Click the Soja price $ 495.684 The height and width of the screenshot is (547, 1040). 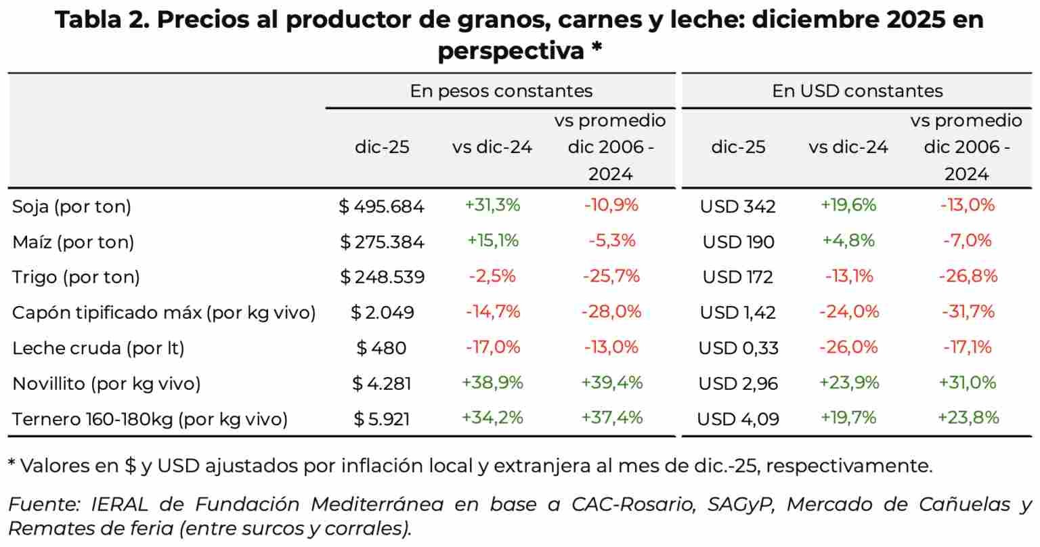[x=382, y=206]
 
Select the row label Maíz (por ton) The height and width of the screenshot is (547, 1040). [x=73, y=242]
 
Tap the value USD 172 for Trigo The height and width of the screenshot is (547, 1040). [x=737, y=277]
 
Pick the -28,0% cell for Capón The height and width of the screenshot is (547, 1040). [x=611, y=311]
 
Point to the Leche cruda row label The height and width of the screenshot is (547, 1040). [x=98, y=348]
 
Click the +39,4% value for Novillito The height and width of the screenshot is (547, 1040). [x=611, y=382]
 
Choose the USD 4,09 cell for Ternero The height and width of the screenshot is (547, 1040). [x=738, y=419]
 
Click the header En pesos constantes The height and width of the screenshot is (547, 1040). [x=501, y=91]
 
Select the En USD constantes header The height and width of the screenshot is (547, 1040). [x=857, y=91]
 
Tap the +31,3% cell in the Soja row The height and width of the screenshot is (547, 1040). [x=492, y=205]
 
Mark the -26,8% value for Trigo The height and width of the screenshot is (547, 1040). [x=968, y=276]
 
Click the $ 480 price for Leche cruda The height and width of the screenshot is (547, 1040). [x=382, y=348]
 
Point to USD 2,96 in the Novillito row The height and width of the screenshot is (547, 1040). [x=738, y=383]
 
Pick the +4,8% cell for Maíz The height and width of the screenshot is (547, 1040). [x=848, y=240]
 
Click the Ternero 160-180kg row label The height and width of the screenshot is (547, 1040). [x=150, y=419]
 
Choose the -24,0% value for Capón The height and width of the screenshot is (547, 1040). [x=848, y=311]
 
